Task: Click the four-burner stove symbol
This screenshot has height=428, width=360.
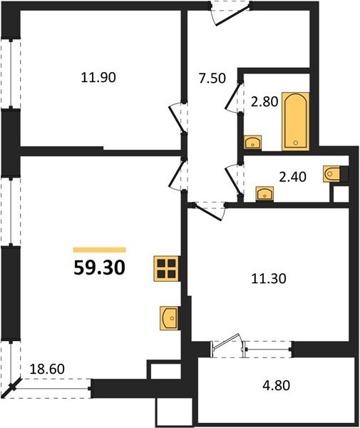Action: tap(167, 268)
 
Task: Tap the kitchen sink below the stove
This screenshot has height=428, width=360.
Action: tap(169, 317)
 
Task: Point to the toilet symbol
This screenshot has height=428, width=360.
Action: tap(333, 173)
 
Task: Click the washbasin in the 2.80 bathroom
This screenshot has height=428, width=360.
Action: tap(252, 143)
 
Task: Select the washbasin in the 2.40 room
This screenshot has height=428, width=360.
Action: tap(264, 193)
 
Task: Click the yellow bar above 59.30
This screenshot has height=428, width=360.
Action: tap(100, 250)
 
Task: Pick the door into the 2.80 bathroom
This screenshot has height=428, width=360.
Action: tap(232, 97)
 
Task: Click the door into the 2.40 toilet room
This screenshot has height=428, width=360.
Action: tap(232, 174)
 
